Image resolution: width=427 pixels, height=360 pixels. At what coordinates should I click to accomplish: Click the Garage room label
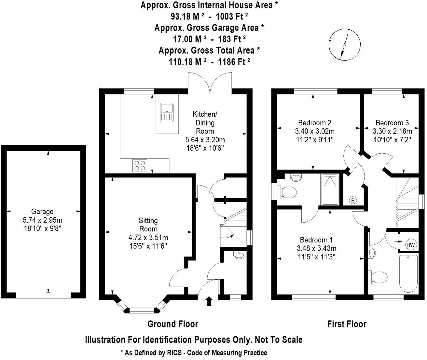click(42, 212)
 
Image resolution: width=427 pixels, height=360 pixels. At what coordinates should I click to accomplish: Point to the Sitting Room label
click(148, 225)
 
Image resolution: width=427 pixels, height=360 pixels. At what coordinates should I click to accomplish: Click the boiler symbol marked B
click(353, 201)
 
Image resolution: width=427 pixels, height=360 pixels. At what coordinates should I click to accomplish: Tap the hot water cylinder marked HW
click(410, 244)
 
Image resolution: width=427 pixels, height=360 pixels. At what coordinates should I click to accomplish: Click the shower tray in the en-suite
click(330, 190)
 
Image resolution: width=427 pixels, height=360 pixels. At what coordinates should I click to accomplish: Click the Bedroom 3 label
click(392, 123)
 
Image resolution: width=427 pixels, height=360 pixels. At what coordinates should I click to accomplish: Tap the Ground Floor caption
click(172, 324)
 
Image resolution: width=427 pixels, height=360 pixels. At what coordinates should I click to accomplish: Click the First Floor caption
click(347, 324)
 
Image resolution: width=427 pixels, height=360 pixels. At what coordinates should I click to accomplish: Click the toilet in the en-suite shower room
click(287, 192)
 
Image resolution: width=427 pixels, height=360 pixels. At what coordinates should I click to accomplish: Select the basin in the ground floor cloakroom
click(239, 256)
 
